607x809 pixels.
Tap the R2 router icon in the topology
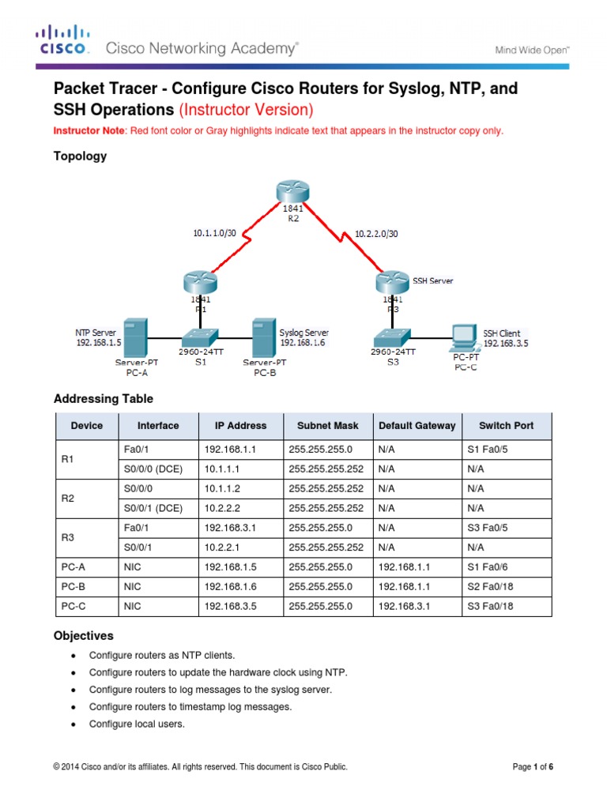tap(293, 192)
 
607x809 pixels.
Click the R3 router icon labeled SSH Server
tap(392, 282)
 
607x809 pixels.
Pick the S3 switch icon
tap(393, 336)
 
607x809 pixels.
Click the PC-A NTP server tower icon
tap(135, 337)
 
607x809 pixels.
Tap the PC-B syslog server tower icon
tap(261, 337)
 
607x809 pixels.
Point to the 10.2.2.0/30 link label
tap(376, 234)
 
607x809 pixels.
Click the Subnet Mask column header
tap(327, 425)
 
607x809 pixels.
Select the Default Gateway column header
tap(417, 425)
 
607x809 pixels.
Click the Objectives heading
tap(83, 635)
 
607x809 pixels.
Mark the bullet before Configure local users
tap(74, 724)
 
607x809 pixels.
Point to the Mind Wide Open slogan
tap(532, 49)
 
